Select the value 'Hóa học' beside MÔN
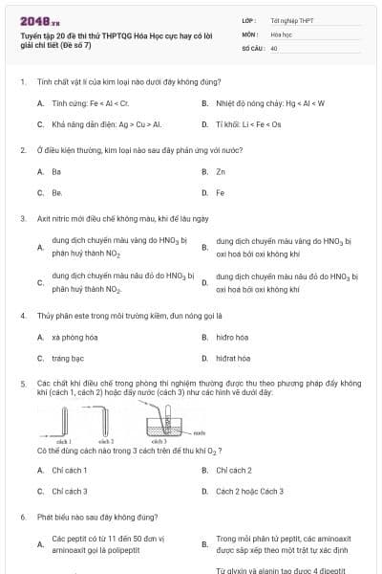pyautogui.click(x=281, y=33)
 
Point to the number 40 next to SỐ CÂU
pyautogui.click(x=274, y=47)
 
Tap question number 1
pyautogui.click(x=22, y=82)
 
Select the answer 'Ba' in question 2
pyautogui.click(x=56, y=171)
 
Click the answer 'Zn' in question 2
pyautogui.click(x=221, y=171)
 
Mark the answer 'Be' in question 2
pyautogui.click(x=56, y=192)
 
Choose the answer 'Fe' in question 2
pyautogui.click(x=221, y=192)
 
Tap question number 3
pyautogui.click(x=22, y=218)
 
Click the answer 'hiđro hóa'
pyautogui.click(x=232, y=337)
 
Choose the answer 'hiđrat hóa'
pyautogui.click(x=233, y=358)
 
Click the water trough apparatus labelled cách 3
pyautogui.click(x=160, y=422)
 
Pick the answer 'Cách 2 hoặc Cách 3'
pyautogui.click(x=249, y=491)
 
